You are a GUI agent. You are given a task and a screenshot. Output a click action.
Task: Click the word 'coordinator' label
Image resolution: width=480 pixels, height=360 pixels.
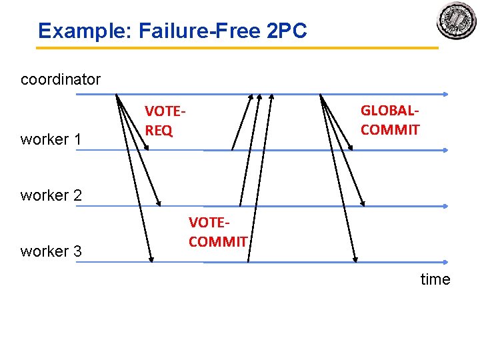(x=61, y=80)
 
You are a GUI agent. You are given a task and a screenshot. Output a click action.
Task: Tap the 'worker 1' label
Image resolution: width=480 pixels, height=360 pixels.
(x=51, y=139)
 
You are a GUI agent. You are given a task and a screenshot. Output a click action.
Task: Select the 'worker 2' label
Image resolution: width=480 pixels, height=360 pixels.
(x=51, y=195)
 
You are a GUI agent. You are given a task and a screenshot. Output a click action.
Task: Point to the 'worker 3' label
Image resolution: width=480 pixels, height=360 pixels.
(x=51, y=251)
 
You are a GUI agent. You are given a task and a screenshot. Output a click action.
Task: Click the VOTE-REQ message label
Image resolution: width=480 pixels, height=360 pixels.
(x=164, y=121)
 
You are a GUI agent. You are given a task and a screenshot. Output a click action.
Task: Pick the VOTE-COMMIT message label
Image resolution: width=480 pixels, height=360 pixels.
(x=218, y=231)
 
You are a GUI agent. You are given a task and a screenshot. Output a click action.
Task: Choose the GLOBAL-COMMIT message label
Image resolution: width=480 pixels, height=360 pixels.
(x=390, y=119)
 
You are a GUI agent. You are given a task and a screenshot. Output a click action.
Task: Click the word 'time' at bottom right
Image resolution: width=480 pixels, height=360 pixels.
(x=435, y=279)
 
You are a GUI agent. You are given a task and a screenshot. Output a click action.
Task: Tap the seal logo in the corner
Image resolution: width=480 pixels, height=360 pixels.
(x=457, y=21)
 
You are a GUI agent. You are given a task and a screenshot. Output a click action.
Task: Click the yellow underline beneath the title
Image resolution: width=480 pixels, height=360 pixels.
(x=237, y=48)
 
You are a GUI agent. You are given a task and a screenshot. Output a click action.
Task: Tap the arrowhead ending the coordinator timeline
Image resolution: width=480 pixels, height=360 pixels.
(x=445, y=95)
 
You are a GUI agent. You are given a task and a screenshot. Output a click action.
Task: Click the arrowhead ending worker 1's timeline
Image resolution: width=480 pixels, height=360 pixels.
(x=445, y=151)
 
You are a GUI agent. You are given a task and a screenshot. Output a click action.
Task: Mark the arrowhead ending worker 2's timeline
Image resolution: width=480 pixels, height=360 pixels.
(x=445, y=207)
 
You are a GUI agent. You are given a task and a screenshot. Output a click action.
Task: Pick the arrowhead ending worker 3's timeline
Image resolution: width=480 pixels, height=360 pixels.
(x=445, y=262)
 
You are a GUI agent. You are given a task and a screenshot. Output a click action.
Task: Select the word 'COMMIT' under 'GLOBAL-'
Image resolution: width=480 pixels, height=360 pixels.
(x=390, y=129)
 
